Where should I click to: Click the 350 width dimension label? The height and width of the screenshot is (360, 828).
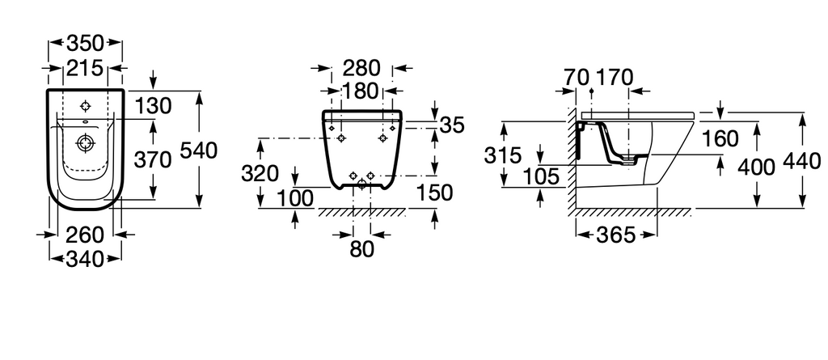pos(86,43)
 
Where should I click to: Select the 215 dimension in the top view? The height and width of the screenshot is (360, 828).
pos(84,68)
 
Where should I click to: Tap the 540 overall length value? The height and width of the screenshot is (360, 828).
pos(199,151)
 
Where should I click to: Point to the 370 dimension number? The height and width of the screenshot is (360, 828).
pos(153,159)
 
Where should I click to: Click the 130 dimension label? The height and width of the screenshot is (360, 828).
pos(153,106)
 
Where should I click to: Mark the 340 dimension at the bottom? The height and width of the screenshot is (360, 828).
pos(85,259)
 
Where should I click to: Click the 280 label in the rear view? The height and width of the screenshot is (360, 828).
pos(361,68)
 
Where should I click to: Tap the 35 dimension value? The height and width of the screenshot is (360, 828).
pos(452,126)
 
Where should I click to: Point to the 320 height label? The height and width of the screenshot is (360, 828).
pos(260,173)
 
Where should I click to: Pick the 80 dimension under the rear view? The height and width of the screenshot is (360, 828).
pos(361,249)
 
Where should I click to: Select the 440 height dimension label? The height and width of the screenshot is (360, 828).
pos(802,161)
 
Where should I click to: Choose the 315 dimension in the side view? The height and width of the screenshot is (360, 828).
pos(503,156)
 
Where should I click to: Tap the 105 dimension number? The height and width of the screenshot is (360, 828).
pos(541,177)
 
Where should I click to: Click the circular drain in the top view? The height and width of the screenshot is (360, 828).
pos(84,142)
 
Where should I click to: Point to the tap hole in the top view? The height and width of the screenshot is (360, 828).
pos(85,106)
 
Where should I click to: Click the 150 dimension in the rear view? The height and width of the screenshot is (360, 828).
pos(434,193)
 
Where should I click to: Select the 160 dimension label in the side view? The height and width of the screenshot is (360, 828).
pos(720,139)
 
